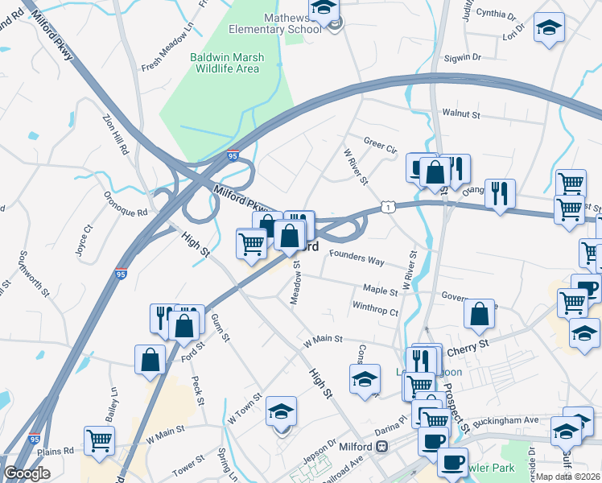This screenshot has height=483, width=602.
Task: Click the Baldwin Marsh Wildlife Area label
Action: click(225, 63)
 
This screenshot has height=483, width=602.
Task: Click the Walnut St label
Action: click(461, 115)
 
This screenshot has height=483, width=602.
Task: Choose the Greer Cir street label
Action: click(380, 148)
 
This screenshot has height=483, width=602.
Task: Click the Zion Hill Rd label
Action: click(115, 135)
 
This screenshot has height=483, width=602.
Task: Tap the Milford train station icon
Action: click(382, 446)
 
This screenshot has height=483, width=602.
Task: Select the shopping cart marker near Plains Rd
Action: click(99, 440)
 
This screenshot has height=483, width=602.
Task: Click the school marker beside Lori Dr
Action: click(550, 27)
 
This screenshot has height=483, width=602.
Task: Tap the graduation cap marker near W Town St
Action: click(281, 411)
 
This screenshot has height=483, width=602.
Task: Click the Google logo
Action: click(27, 473)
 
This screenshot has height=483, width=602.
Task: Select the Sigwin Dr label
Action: click(461, 58)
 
